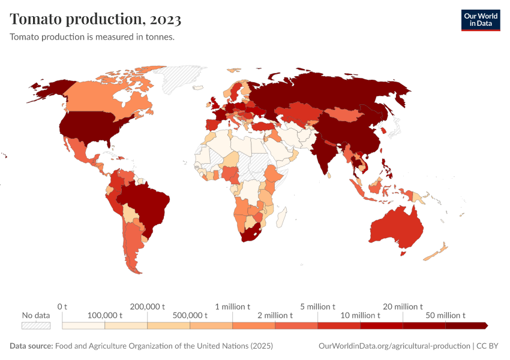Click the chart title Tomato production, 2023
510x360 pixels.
96,19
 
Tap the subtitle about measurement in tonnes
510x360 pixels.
92,37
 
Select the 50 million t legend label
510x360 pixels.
445,315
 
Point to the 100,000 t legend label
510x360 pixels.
104,315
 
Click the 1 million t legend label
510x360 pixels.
233,307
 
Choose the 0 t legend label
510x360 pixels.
62,307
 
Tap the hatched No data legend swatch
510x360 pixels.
35,326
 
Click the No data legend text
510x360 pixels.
35,315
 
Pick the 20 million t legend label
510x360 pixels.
403,307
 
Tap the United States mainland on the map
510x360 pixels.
90,126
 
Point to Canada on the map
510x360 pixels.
96,96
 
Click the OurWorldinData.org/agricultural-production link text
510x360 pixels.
394,346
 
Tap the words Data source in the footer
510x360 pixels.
31,346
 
